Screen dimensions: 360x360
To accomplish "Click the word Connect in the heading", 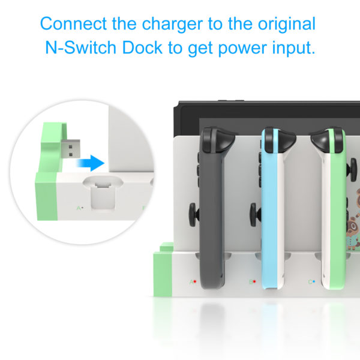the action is tap(73, 23).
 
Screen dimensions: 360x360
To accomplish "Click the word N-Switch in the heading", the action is tap(80, 47).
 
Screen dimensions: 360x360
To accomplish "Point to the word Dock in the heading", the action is tap(142, 47).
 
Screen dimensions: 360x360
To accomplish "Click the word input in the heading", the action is tap(294, 49).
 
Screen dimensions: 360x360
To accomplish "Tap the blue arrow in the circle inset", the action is tap(91, 163).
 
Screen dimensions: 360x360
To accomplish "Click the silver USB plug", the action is tap(71, 149).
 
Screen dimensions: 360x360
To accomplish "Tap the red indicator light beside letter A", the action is tap(194, 281).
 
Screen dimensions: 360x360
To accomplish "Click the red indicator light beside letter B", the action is tap(254, 281).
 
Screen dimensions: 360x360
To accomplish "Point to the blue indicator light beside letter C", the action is tap(314, 281).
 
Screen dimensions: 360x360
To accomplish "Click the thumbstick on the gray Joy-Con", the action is tap(194, 215).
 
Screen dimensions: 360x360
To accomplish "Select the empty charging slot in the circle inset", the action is tap(103, 193).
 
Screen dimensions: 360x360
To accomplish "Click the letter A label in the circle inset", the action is tap(79, 208).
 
